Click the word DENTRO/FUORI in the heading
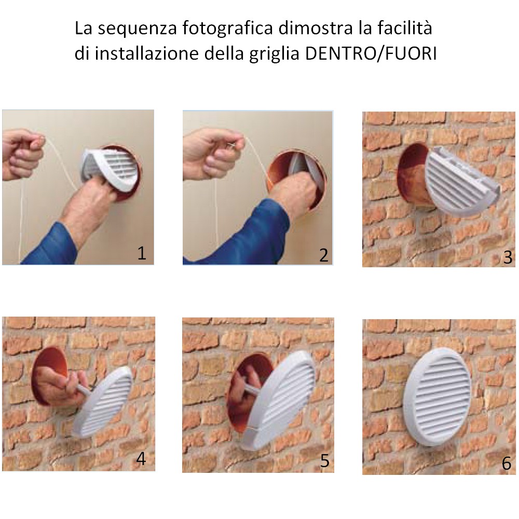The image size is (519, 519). [371, 53]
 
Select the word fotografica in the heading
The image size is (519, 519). [227, 29]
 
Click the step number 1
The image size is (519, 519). [142, 254]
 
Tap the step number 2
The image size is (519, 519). [324, 255]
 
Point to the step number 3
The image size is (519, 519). [508, 257]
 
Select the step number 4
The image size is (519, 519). [141, 459]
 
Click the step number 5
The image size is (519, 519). [324, 460]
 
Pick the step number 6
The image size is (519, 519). [507, 463]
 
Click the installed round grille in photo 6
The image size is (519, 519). [438, 397]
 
